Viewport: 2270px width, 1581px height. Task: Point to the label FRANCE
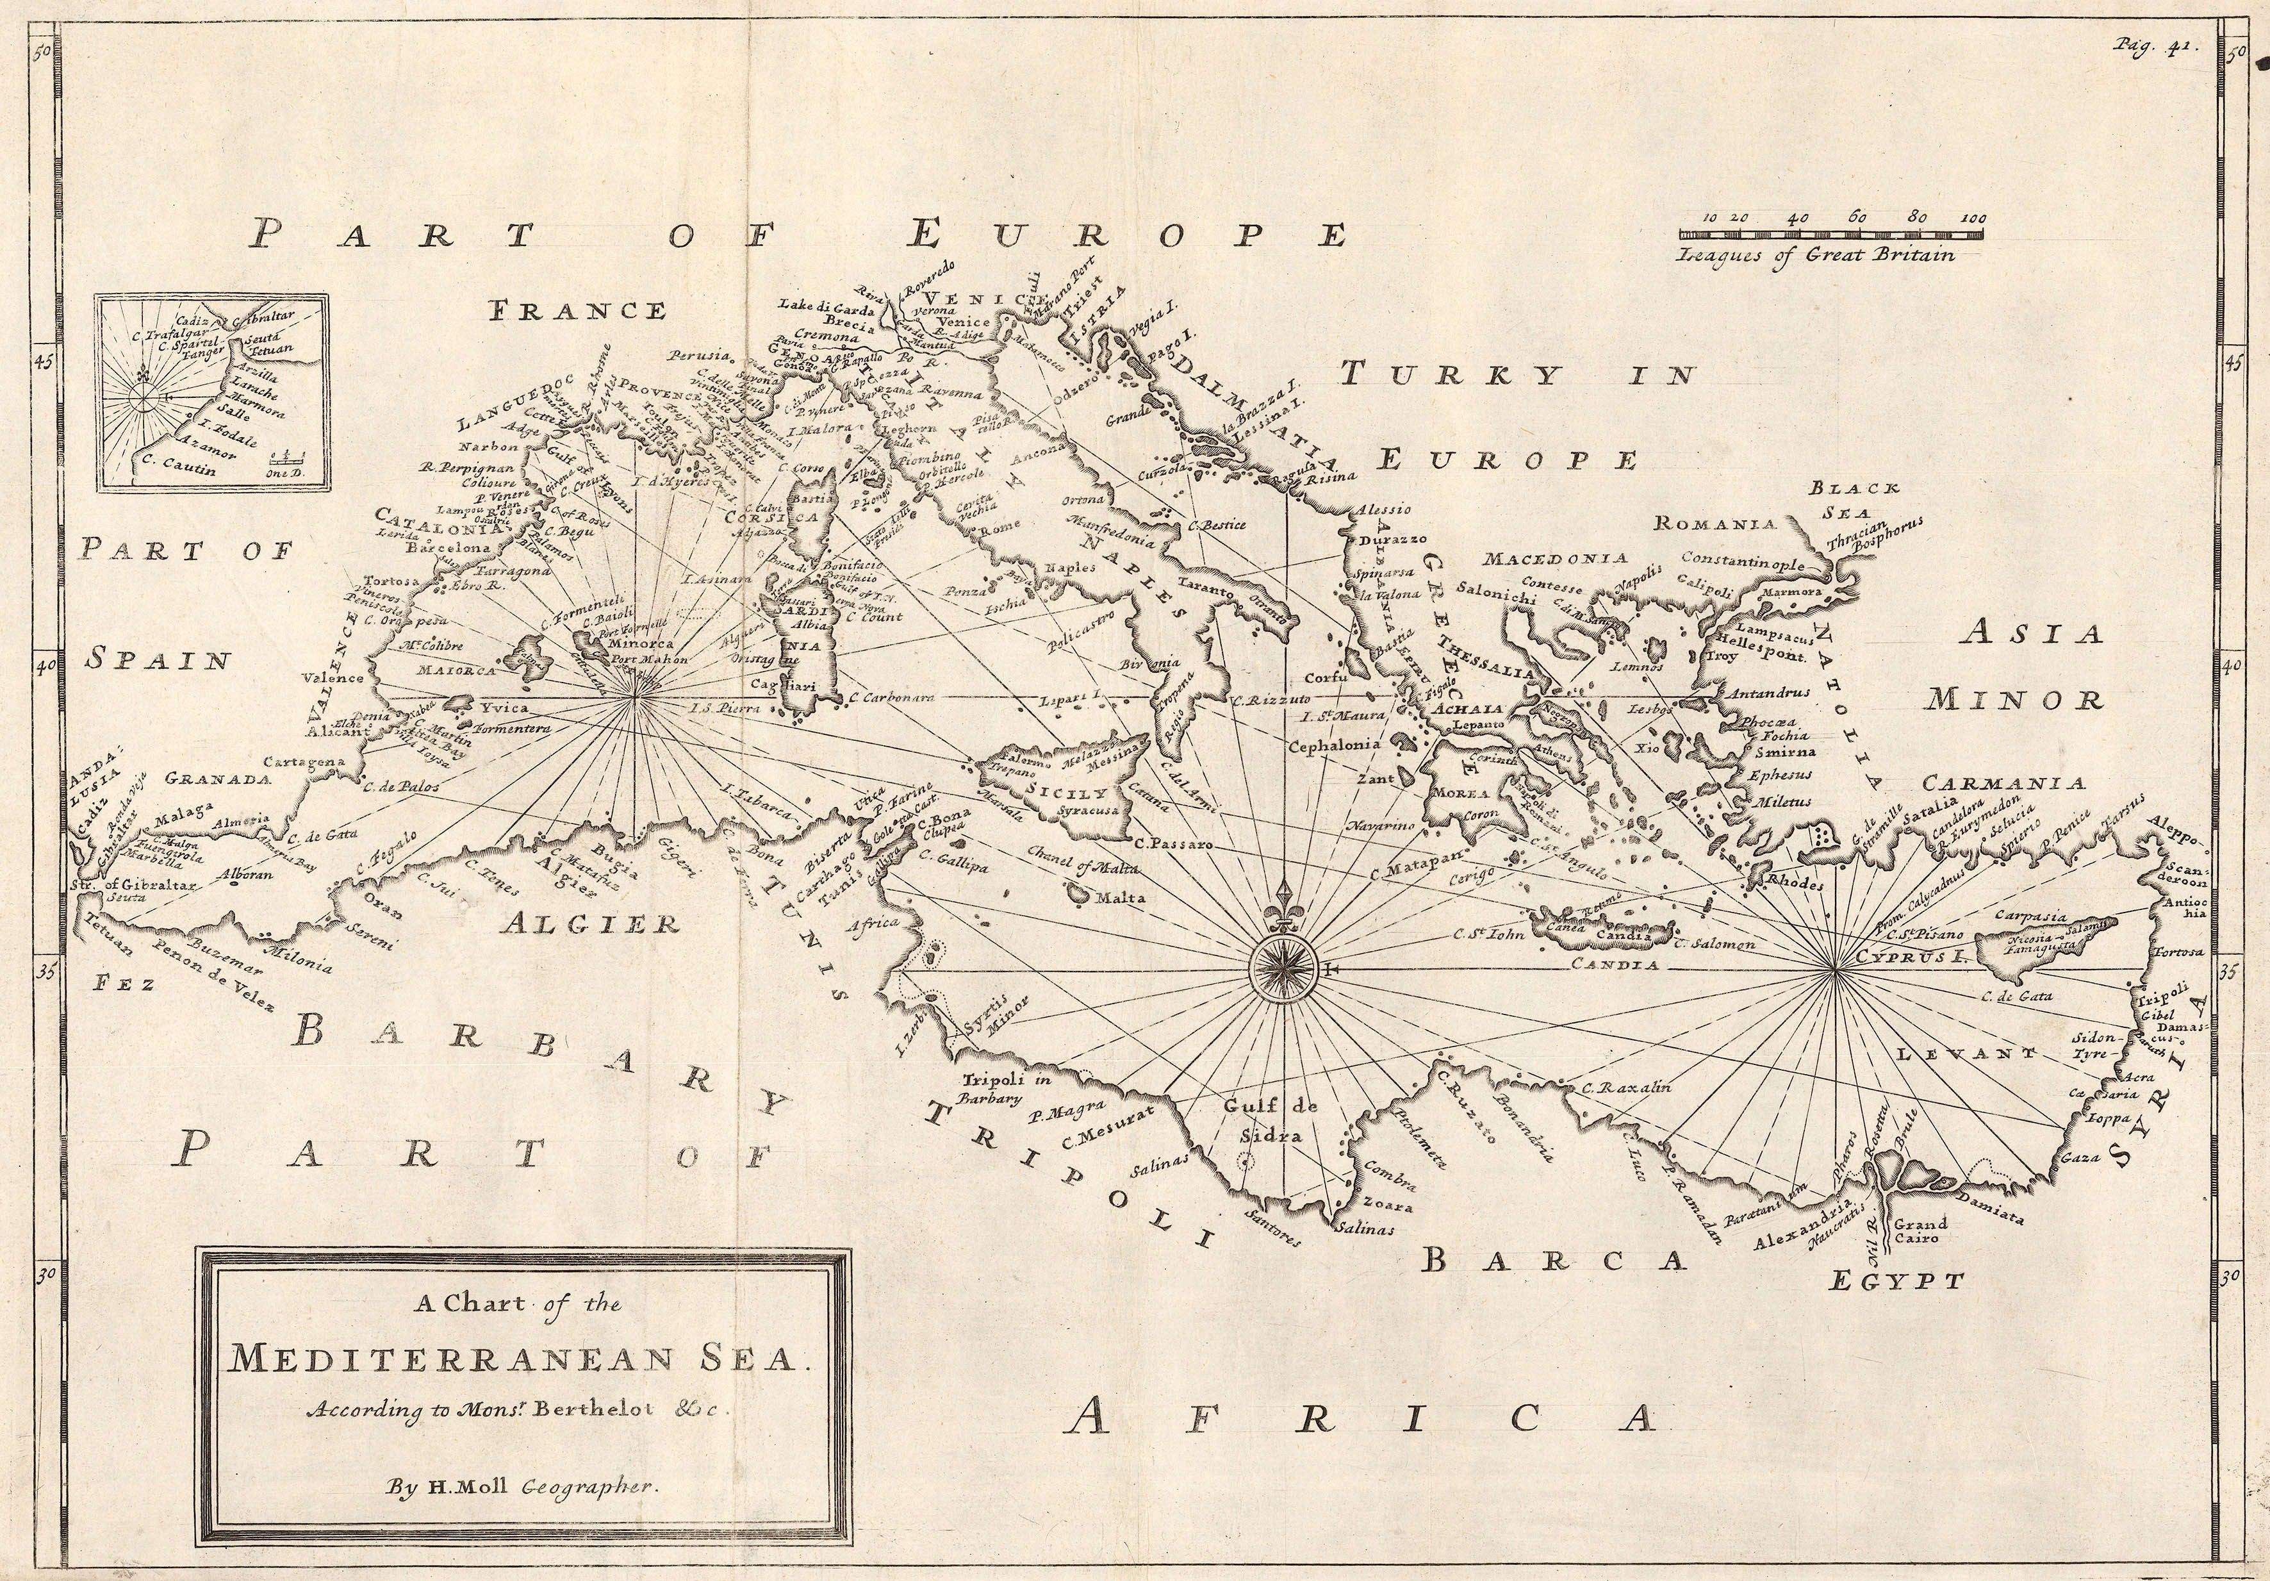pos(579,310)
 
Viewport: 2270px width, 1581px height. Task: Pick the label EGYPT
pos(1895,1282)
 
